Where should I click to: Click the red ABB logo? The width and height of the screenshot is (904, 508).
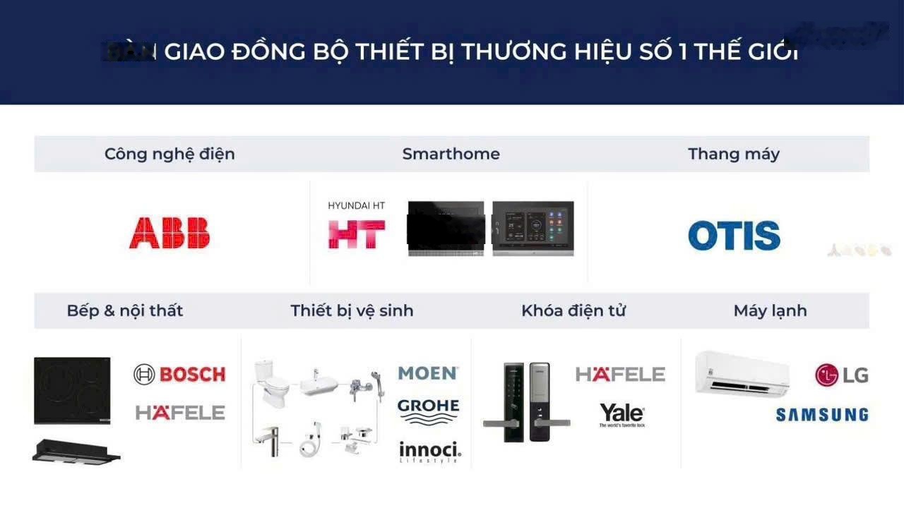169,233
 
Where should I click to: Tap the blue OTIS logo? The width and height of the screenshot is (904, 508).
734,236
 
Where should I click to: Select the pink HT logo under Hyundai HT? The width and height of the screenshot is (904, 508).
357,234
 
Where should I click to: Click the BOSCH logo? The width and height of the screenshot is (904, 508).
179,374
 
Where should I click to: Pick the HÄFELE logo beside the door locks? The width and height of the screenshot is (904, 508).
620,374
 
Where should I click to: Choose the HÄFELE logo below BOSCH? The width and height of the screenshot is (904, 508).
180,413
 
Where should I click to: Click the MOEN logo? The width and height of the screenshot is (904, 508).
428,373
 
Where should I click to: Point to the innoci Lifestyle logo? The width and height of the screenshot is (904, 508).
429,452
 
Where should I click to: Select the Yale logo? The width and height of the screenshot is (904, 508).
621,414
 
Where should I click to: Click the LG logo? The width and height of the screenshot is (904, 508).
841,375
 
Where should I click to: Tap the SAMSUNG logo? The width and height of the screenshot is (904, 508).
821,415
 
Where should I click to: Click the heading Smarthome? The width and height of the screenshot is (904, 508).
451,154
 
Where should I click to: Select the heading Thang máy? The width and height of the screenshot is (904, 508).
734,154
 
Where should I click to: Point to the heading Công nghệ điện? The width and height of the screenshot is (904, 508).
169,154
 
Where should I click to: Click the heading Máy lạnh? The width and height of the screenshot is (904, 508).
770,310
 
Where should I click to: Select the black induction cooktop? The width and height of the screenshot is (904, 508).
72,390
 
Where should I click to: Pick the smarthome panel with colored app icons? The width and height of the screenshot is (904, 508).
533,228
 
